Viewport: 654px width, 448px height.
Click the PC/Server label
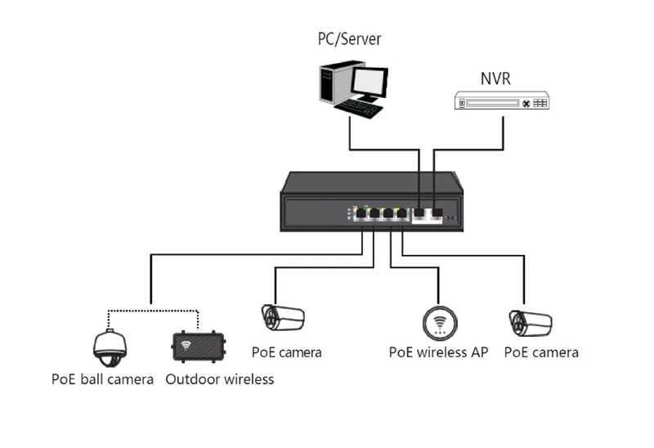(x=349, y=38)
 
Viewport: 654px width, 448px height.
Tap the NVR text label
(x=495, y=79)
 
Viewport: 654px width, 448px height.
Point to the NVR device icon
(x=501, y=103)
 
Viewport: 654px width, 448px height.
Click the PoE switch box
(x=369, y=200)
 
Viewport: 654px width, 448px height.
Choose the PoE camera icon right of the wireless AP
(x=529, y=322)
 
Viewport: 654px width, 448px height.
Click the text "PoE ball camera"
(x=102, y=379)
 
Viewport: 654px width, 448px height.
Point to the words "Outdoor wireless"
(x=219, y=379)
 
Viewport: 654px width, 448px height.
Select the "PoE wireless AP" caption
(x=438, y=353)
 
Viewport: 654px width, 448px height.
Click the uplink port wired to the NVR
(x=437, y=214)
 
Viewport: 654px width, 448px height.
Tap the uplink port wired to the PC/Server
(x=419, y=214)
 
